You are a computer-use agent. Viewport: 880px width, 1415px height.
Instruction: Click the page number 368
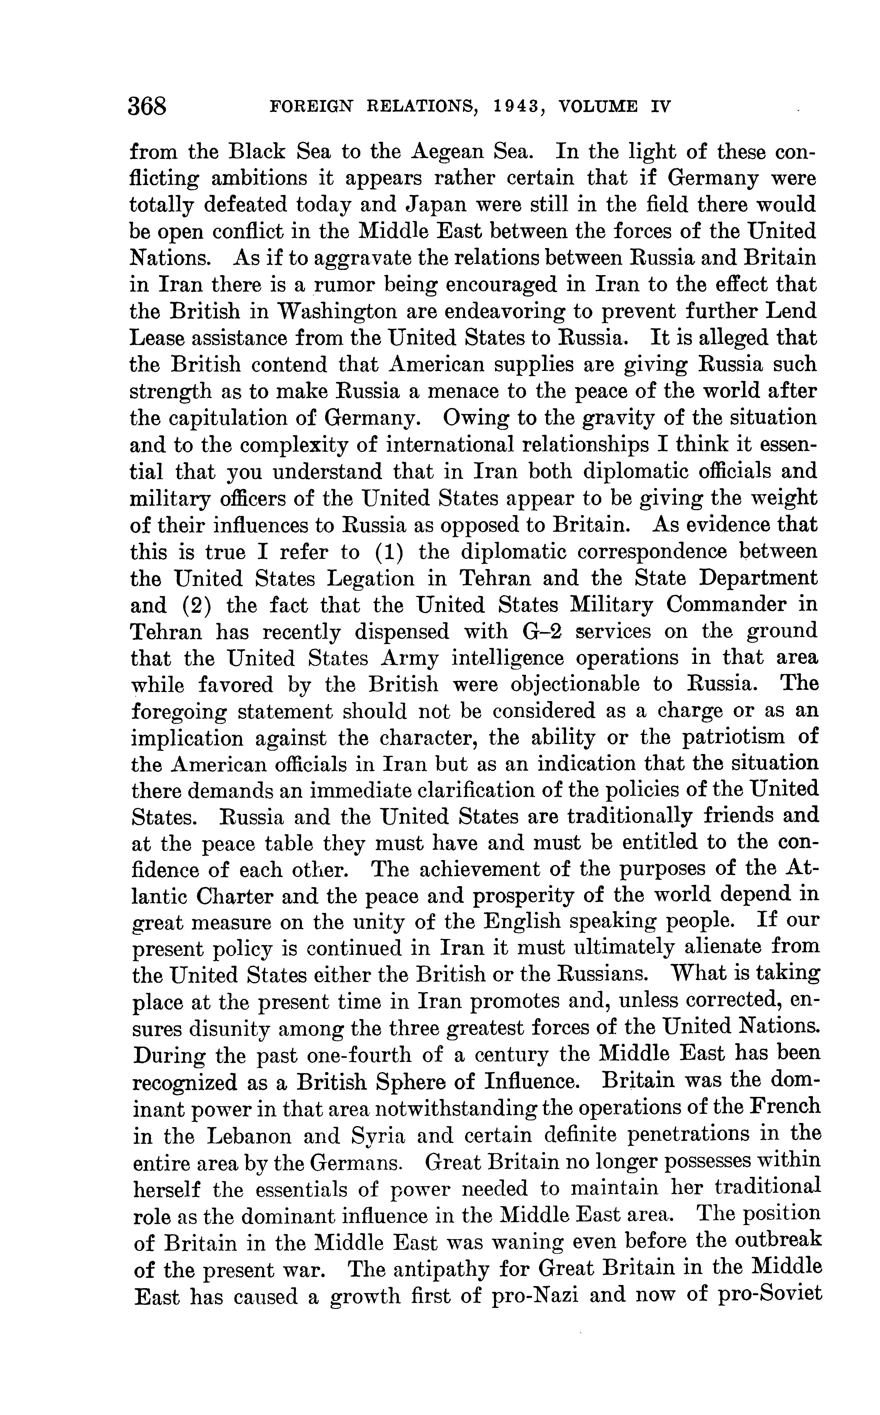coord(148,107)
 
